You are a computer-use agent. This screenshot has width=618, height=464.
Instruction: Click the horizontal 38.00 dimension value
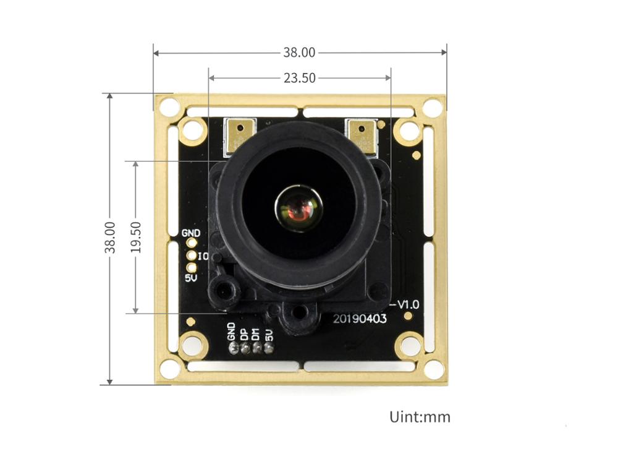coord(299,53)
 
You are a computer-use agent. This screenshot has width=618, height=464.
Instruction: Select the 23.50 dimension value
coord(299,78)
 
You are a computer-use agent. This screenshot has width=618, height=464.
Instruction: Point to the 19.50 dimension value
coord(136,237)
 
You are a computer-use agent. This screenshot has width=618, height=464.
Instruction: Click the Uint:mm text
coord(420,416)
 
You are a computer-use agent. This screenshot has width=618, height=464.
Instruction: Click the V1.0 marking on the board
coord(408,304)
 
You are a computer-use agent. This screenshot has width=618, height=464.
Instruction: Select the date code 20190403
coord(360,319)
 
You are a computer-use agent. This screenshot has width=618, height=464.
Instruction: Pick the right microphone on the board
coord(362,136)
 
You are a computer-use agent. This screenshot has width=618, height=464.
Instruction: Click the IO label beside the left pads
coord(203,256)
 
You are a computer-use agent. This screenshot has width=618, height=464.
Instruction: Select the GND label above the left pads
coord(191,233)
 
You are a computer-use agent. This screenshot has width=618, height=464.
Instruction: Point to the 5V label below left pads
coord(191,278)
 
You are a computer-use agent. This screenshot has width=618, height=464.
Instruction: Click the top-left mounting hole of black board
coord(193,131)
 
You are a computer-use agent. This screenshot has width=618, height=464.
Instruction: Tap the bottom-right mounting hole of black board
coord(408,345)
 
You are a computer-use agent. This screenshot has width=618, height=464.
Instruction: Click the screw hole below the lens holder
coord(300,312)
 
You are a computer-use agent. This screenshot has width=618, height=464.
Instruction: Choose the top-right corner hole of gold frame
coord(432,108)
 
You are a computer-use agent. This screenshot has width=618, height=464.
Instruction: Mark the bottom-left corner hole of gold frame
coord(169,369)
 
